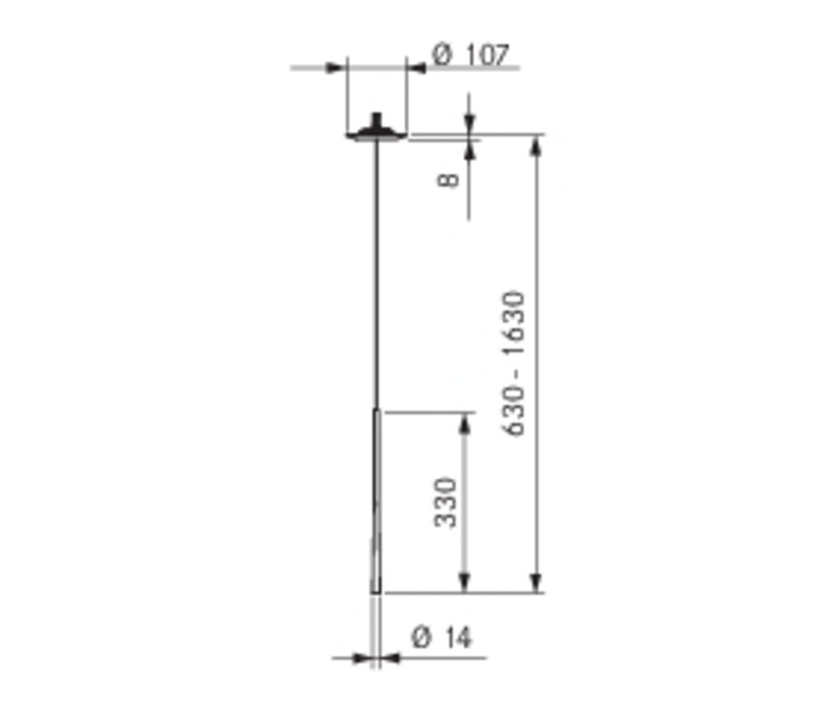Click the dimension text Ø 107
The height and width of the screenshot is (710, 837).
pyautogui.click(x=470, y=55)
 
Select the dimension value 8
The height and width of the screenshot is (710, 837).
pyautogui.click(x=449, y=179)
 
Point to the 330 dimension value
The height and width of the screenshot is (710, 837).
pyautogui.click(x=447, y=502)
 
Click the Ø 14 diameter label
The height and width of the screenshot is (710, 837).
pyautogui.click(x=442, y=638)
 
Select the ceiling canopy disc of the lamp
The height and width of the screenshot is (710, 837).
pyautogui.click(x=377, y=133)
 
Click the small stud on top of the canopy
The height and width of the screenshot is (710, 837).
pyautogui.click(x=377, y=118)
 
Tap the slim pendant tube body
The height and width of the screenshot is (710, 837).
pyautogui.click(x=377, y=502)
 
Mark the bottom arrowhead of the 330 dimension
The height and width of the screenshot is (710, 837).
pyautogui.click(x=466, y=583)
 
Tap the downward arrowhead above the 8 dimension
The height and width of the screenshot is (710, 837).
pyautogui.click(x=469, y=124)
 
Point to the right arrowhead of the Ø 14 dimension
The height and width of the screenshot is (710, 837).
pyautogui.click(x=392, y=658)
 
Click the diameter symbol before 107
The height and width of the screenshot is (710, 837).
pyautogui.click(x=442, y=56)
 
